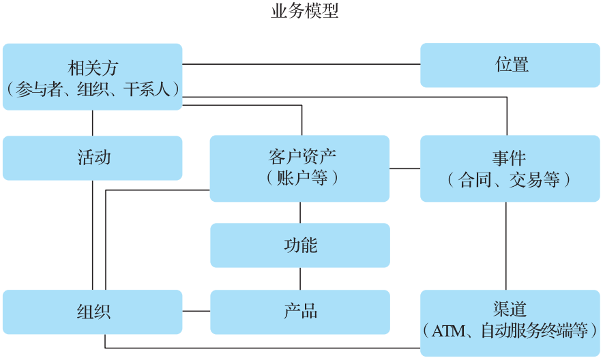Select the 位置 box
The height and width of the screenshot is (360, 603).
511,65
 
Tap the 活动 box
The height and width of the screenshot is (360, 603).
93,158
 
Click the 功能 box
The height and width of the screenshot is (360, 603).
300,245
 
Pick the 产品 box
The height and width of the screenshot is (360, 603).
300,312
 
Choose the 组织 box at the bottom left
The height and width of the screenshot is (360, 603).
93,312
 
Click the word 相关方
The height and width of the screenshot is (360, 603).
93,67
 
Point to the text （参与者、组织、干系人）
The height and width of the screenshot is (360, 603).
93,89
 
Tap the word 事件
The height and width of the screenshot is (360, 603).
509,157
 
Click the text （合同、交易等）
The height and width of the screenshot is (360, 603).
509,179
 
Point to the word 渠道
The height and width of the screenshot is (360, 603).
509,310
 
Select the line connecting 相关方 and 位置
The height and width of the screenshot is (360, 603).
301,64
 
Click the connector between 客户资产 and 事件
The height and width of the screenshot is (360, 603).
405,168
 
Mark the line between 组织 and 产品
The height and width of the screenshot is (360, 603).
196,312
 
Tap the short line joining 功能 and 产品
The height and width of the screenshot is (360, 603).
300,278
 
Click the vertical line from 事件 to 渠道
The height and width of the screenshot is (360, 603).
506,245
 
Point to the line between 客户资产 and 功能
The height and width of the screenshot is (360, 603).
300,212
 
